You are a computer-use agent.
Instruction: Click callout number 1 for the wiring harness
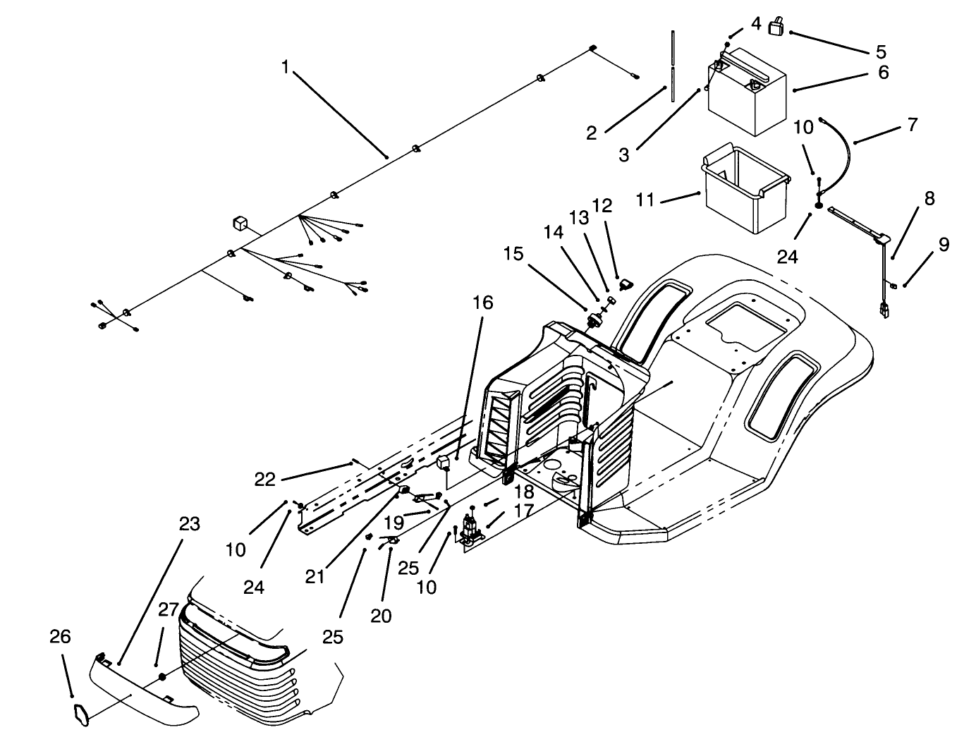tap(285, 67)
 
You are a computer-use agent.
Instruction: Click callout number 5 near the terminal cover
tap(881, 51)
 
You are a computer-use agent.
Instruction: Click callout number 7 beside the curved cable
tap(913, 125)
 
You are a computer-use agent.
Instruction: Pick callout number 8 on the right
tap(929, 199)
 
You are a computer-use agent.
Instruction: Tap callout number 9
tap(944, 245)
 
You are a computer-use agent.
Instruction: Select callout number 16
tap(483, 303)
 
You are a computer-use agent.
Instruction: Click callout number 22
tap(265, 479)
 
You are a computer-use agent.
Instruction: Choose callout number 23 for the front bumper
tap(190, 524)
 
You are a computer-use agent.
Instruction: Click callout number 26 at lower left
tap(61, 637)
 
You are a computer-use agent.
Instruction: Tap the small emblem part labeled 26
tap(81, 714)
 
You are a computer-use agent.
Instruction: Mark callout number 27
tap(168, 610)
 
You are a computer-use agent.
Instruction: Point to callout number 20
tap(381, 616)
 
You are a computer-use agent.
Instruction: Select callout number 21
tap(315, 575)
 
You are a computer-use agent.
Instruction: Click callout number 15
tap(514, 254)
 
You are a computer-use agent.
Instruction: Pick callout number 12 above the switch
tap(602, 206)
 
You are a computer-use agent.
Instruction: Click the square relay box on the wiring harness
tap(240, 224)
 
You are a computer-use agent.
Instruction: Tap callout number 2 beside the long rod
tap(592, 132)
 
